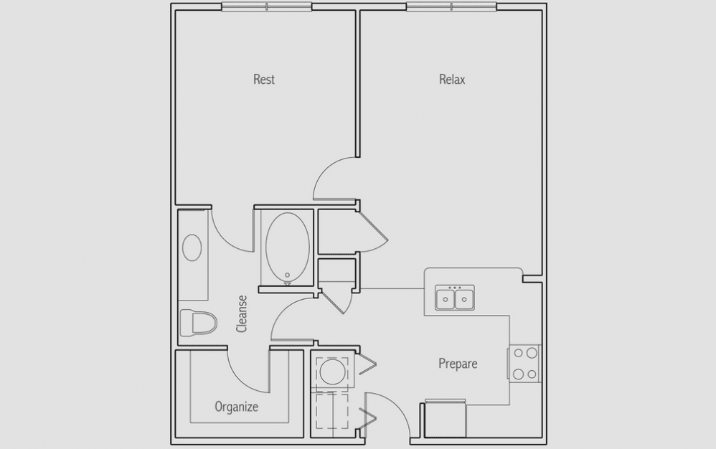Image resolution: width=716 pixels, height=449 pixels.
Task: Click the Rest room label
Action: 264,80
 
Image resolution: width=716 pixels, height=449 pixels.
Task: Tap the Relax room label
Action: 452,80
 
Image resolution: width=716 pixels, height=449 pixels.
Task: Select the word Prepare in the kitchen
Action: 458,364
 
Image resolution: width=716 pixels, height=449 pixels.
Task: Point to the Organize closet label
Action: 237,407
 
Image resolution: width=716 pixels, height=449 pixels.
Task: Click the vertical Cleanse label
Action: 242,314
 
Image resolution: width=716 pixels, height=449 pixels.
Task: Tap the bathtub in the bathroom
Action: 287,248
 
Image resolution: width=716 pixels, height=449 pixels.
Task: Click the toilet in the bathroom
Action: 198,322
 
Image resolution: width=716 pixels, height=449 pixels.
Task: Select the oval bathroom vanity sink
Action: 192,247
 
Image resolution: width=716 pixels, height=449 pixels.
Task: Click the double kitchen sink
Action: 454,298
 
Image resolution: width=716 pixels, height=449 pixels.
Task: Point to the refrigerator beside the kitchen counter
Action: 446,419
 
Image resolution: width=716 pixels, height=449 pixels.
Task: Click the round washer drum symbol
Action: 332,372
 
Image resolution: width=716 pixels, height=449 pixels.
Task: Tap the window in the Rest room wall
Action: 267,6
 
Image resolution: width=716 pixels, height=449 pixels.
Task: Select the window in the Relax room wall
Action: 451,6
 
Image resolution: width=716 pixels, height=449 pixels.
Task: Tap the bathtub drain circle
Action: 287,275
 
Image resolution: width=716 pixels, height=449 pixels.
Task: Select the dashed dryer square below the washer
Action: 332,411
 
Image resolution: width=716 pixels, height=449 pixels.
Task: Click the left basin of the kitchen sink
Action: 446,299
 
